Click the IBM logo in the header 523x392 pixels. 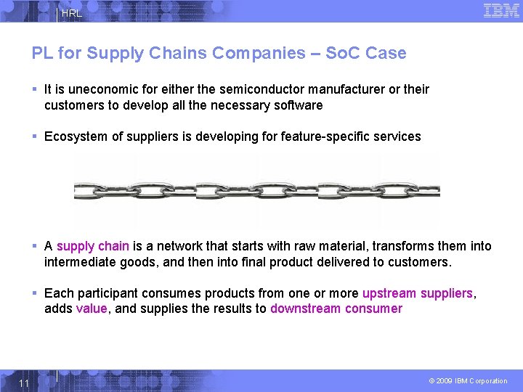pos(501,10)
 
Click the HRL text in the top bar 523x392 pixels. pos(71,14)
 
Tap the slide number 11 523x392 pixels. pos(24,383)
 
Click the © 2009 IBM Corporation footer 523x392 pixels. pos(468,381)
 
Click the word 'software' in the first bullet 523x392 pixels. pos(299,105)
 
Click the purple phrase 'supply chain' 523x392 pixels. pos(92,246)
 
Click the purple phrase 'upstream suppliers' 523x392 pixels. pos(418,293)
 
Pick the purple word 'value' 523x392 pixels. pos(91,309)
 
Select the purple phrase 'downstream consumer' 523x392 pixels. pos(336,309)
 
